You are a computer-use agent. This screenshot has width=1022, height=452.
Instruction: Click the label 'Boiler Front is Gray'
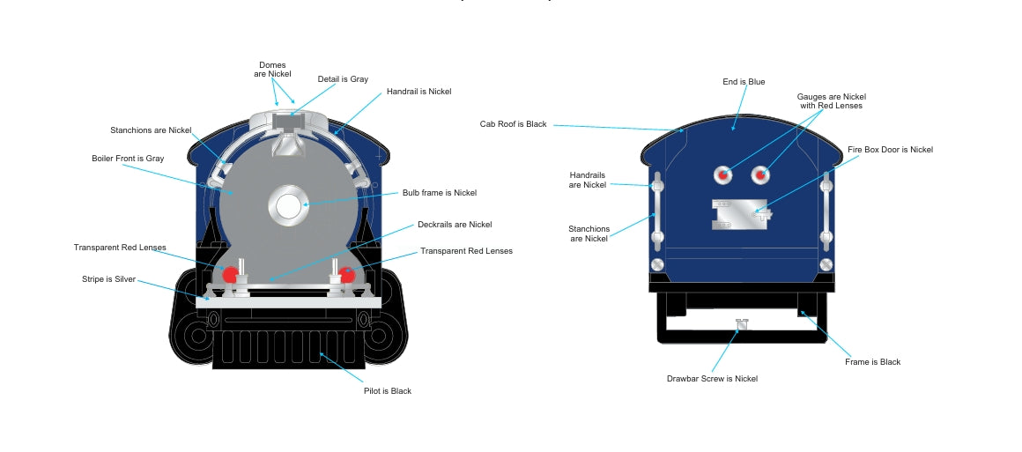[128, 159]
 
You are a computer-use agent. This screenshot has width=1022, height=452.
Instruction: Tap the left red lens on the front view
[230, 274]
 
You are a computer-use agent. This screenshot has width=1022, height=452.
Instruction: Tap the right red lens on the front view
[347, 275]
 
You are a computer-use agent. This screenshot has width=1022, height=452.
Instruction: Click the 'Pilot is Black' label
[387, 390]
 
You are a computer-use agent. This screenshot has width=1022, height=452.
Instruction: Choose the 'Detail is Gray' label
[343, 79]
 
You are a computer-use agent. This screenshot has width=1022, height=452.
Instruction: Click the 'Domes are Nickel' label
[273, 70]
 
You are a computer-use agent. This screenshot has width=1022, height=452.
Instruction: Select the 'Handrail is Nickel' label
[418, 92]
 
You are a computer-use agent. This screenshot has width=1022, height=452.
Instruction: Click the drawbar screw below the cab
[741, 324]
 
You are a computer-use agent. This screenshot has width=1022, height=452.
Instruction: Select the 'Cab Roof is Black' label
[513, 124]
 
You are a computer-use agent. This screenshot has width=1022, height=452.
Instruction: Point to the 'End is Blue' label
[744, 82]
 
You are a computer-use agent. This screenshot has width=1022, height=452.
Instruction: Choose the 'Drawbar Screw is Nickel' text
[712, 379]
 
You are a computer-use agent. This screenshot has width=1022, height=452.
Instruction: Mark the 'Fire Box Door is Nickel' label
[890, 150]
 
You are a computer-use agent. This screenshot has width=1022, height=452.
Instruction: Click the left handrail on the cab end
[656, 211]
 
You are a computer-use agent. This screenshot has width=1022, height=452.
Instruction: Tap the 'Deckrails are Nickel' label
[455, 225]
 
